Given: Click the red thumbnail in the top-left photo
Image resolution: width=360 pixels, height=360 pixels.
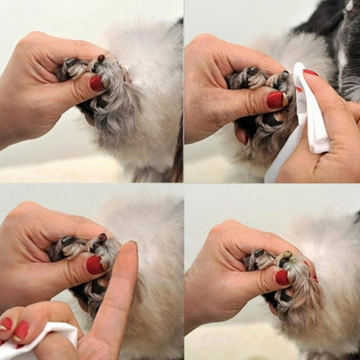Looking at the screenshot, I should pos(97,83).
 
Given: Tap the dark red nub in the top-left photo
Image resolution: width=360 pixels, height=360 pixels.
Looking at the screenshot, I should pos(101,58).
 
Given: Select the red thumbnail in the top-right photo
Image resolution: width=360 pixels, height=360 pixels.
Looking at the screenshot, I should pos(275,99).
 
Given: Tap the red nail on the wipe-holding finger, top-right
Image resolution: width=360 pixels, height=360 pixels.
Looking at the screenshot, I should pos(310,73).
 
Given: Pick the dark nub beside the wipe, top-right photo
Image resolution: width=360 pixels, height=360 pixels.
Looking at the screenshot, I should pos(285,75).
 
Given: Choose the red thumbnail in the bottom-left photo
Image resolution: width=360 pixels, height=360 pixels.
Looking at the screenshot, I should pos(95,265).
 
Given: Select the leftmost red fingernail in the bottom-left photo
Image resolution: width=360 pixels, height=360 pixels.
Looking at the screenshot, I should pos(6,323).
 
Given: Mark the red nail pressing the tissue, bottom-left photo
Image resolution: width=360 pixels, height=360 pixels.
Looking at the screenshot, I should pos(21,330).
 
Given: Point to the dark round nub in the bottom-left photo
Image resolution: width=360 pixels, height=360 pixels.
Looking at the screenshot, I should pos(102,238).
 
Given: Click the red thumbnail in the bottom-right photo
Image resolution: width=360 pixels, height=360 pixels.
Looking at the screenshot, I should pos(282,277).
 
